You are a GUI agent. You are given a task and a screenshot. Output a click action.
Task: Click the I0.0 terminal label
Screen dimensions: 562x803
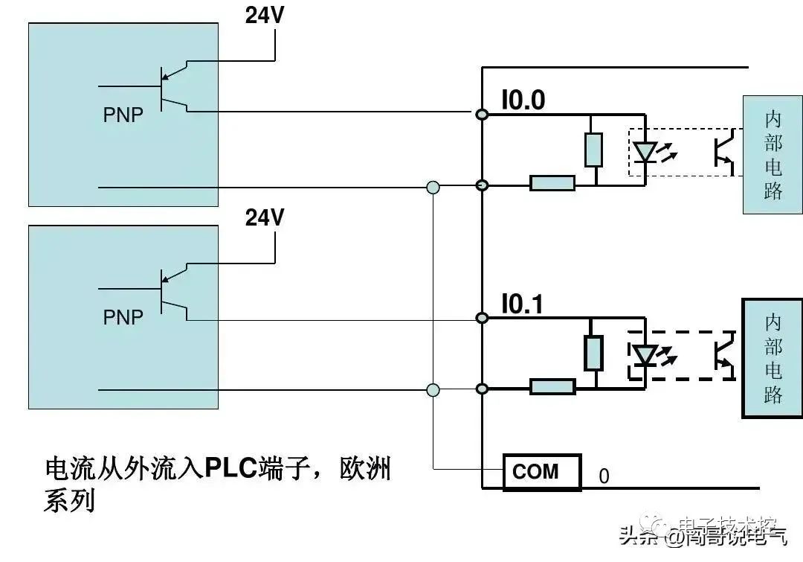pyautogui.click(x=523, y=100)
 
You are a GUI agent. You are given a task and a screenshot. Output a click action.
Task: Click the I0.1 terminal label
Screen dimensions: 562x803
pyautogui.click(x=523, y=304)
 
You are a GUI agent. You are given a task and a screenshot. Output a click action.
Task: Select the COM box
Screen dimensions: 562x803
pyautogui.click(x=542, y=472)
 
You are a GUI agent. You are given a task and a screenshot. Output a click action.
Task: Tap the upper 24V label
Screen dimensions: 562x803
pyautogui.click(x=265, y=16)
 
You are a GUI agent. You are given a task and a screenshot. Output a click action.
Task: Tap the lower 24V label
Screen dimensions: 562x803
pyautogui.click(x=265, y=217)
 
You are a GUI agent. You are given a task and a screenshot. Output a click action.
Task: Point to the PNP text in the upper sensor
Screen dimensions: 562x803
pyautogui.click(x=123, y=115)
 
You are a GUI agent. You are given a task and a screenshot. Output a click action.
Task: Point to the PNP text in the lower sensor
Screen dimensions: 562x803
pyautogui.click(x=123, y=318)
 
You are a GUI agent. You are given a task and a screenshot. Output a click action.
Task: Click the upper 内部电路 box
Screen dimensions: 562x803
pyautogui.click(x=773, y=156)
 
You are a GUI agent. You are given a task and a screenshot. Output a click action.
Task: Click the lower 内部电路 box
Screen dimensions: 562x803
pyautogui.click(x=773, y=358)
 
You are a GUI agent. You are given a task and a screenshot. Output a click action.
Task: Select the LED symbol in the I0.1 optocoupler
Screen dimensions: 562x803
pyautogui.click(x=645, y=355)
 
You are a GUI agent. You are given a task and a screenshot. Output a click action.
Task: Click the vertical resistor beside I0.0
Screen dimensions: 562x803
pyautogui.click(x=593, y=150)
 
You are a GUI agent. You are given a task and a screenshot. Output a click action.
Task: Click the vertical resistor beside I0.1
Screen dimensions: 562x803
pyautogui.click(x=593, y=353)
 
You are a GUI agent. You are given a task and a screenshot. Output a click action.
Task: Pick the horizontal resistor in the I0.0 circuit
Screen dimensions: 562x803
pyautogui.click(x=552, y=183)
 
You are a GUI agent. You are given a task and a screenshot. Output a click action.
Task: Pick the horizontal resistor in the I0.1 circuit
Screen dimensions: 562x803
pyautogui.click(x=552, y=386)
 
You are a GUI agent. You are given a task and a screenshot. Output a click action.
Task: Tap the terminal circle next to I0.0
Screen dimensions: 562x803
pyautogui.click(x=482, y=114)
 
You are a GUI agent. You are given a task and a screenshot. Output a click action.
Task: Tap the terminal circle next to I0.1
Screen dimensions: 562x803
pyautogui.click(x=482, y=318)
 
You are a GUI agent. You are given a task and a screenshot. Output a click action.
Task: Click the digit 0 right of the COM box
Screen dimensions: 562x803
pyautogui.click(x=604, y=476)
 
